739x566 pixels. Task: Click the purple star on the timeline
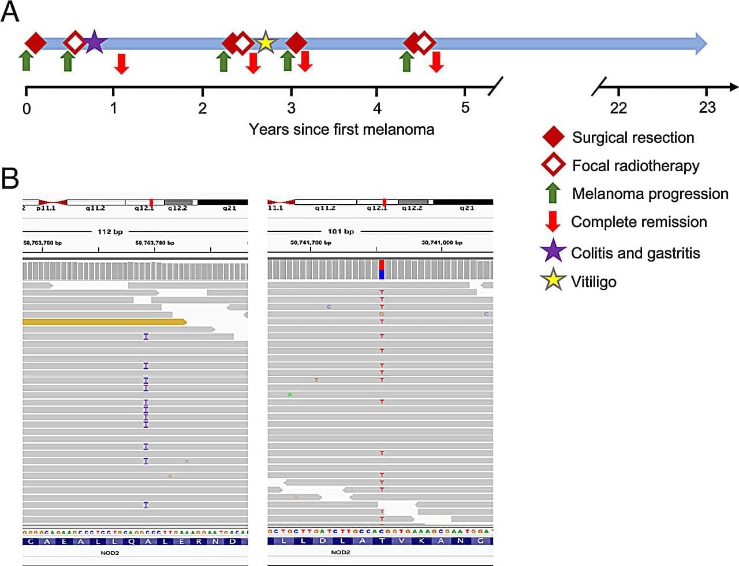point(94,42)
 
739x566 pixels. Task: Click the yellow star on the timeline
point(265,42)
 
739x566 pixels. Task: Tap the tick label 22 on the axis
point(618,108)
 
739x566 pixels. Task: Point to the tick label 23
point(707,108)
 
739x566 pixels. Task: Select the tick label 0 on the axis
point(27,108)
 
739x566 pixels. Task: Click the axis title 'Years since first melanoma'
point(341,129)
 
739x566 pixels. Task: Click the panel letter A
point(10,12)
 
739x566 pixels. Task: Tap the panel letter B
point(10,179)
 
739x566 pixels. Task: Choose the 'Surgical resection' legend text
point(633,138)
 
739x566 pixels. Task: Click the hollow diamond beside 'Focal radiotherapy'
point(553,165)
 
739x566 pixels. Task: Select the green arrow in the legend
point(553,193)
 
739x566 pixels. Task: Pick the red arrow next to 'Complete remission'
point(553,221)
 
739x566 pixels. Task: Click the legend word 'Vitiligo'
point(594,282)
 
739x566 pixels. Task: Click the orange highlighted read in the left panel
point(104,321)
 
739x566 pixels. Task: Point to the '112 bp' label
point(110,232)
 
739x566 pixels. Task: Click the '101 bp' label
point(341,231)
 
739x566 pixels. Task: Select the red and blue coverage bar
point(381,269)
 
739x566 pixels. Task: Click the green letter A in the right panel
point(290,394)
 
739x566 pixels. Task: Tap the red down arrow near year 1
point(121,63)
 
